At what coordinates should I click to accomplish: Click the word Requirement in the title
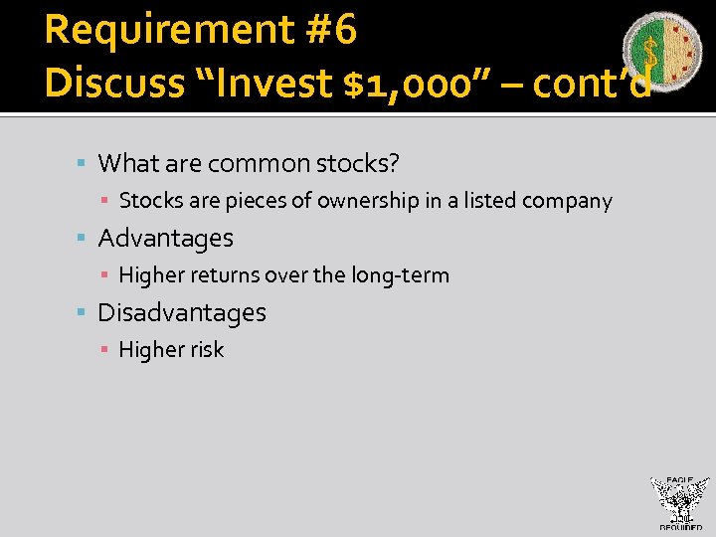point(169,31)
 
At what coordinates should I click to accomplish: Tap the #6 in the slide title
point(332,31)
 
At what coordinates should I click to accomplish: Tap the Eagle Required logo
point(680,502)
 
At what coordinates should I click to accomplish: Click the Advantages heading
point(165,238)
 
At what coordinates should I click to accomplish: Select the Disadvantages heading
point(182,312)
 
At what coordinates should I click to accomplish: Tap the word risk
point(206,350)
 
